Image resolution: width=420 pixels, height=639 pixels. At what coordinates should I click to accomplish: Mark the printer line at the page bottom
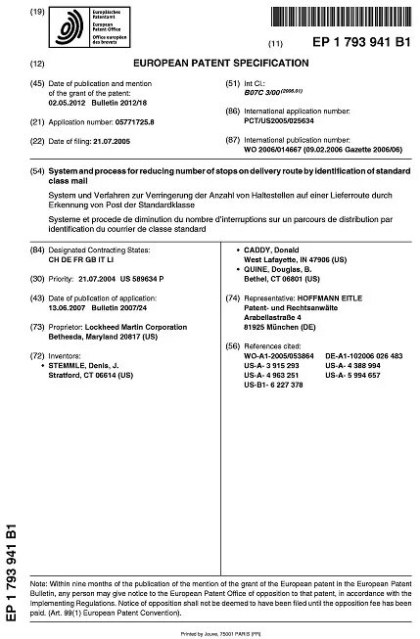[209, 632]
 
